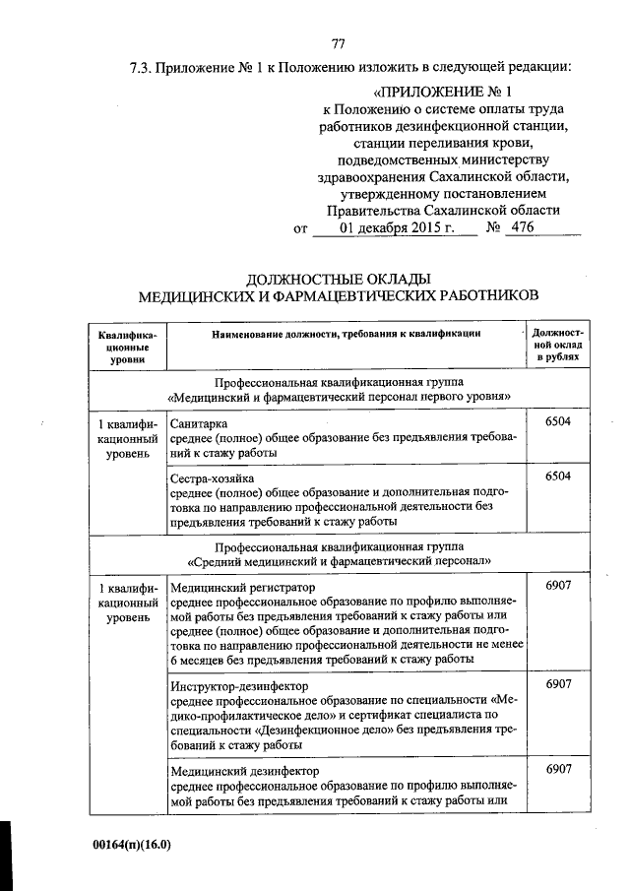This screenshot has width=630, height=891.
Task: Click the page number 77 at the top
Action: [x=338, y=42]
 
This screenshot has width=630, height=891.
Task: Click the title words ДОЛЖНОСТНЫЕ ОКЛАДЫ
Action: [x=338, y=278]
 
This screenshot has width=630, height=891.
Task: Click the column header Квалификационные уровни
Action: [x=124, y=348]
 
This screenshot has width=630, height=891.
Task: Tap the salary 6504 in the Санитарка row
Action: [x=557, y=422]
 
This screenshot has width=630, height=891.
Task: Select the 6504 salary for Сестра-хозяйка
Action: [x=557, y=477]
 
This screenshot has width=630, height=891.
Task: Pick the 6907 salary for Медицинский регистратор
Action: [x=557, y=587]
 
